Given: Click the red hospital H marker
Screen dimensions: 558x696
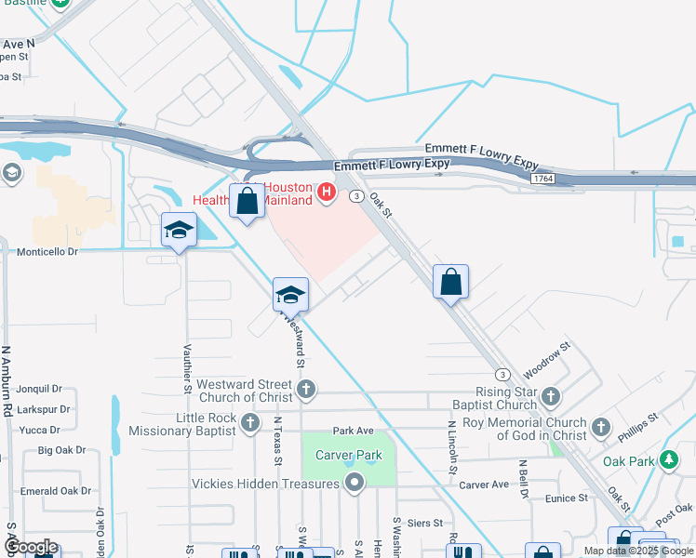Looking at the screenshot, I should (327, 193).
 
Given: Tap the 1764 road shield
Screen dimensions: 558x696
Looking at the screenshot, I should (543, 178).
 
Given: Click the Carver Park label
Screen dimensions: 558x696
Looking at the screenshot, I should (349, 456).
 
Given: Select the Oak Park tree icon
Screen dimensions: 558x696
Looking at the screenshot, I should (667, 460).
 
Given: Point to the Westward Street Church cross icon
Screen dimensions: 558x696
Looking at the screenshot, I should (306, 390).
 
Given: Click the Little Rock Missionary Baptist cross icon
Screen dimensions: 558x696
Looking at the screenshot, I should (249, 424).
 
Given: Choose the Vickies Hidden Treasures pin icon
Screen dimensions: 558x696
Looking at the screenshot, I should (354, 483).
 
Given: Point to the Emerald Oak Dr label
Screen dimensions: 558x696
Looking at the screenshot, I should (56, 491).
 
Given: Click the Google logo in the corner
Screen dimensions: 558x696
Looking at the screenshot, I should (30, 548).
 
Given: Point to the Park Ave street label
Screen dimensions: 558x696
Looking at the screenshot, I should (353, 431).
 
